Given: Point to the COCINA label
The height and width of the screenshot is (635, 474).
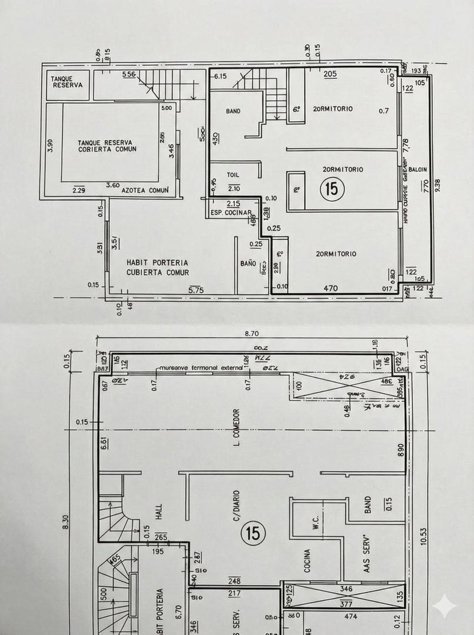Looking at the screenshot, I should (x=307, y=560).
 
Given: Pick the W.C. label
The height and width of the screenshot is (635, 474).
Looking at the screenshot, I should (x=316, y=522).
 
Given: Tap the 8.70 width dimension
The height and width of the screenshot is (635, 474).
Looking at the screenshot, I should (x=252, y=333).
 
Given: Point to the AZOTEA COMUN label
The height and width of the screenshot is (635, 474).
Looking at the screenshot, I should (x=145, y=190).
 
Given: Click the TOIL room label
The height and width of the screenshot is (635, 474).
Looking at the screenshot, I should (x=233, y=175).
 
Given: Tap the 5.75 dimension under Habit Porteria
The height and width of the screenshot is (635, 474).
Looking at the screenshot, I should (x=196, y=290).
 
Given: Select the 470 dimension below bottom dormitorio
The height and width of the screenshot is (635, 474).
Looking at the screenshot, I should (x=332, y=289).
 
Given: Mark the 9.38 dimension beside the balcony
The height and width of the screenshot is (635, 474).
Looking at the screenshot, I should (x=437, y=186).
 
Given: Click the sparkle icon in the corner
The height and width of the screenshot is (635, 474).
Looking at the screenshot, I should (x=444, y=606).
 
